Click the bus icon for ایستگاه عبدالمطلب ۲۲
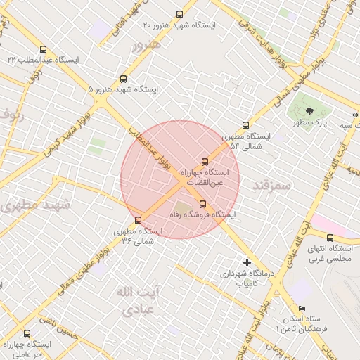(x=44, y=50)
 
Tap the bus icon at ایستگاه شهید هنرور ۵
(x=124, y=79)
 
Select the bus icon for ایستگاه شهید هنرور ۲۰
(x=180, y=14)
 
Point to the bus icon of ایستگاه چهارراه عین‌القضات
(x=205, y=162)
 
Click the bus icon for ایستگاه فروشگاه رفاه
(x=203, y=204)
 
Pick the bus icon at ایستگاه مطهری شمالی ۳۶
(x=138, y=220)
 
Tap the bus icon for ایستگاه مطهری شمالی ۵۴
(x=245, y=125)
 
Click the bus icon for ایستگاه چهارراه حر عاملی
(x=27, y=333)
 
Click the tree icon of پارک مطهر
(x=309, y=111)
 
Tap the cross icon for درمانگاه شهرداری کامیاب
(x=245, y=262)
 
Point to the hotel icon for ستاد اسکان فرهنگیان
(x=302, y=308)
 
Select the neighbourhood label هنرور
(x=146, y=44)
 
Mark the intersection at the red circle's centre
(x=180, y=179)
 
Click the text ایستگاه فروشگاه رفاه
(x=205, y=214)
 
